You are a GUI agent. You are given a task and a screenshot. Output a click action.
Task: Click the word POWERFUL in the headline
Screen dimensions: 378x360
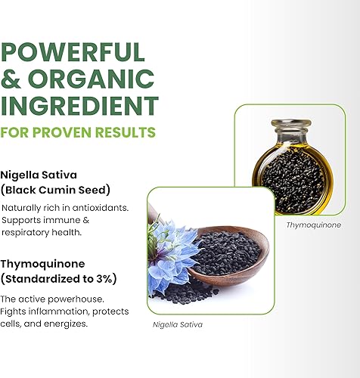(73, 51)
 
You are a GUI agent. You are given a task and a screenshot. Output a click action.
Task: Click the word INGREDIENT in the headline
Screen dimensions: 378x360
(81, 104)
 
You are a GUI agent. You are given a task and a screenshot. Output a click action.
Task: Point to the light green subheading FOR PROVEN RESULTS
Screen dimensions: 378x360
(78, 132)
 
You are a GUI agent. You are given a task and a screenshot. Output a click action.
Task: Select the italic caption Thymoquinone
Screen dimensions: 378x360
(313, 225)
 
